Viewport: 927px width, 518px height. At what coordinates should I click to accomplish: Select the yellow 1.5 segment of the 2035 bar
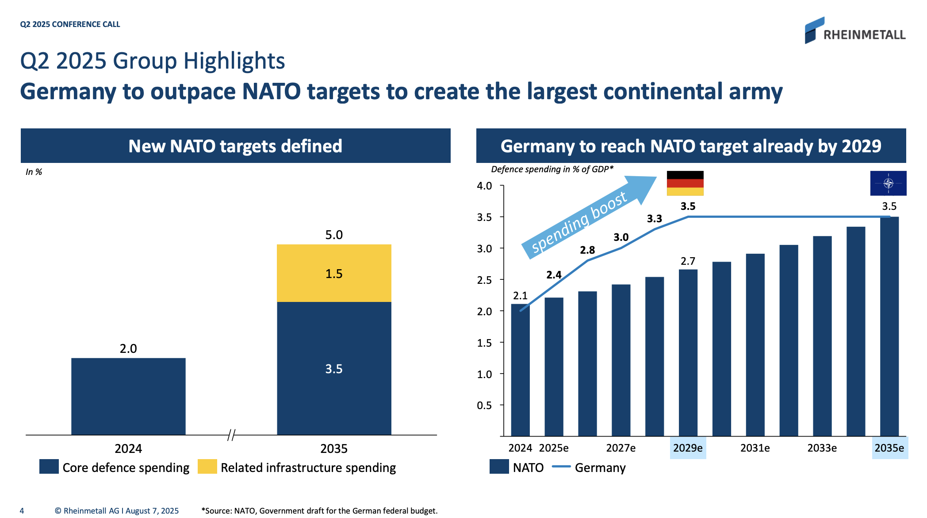334,273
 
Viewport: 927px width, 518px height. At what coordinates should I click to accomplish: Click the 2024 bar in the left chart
128,396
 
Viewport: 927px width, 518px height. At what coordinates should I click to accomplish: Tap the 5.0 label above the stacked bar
334,235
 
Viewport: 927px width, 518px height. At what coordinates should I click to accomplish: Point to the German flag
685,183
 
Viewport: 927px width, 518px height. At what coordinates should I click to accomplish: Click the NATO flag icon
888,183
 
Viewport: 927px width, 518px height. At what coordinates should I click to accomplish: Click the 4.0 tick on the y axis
484,186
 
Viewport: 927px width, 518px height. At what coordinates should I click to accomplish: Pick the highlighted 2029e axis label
688,448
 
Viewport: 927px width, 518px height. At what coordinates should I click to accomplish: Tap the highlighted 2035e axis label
889,448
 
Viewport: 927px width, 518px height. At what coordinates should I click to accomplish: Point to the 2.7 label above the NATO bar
688,261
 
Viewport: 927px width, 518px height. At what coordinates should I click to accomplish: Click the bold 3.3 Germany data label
655,219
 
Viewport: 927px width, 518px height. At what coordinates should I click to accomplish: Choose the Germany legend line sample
562,467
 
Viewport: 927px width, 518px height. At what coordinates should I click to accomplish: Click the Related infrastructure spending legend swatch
207,467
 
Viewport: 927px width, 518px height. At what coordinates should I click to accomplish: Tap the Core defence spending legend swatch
49,467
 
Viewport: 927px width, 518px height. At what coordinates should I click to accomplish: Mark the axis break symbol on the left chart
231,435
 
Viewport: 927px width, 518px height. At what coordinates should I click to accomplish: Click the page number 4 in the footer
22,511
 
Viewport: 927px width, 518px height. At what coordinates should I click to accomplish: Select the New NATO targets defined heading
235,146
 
